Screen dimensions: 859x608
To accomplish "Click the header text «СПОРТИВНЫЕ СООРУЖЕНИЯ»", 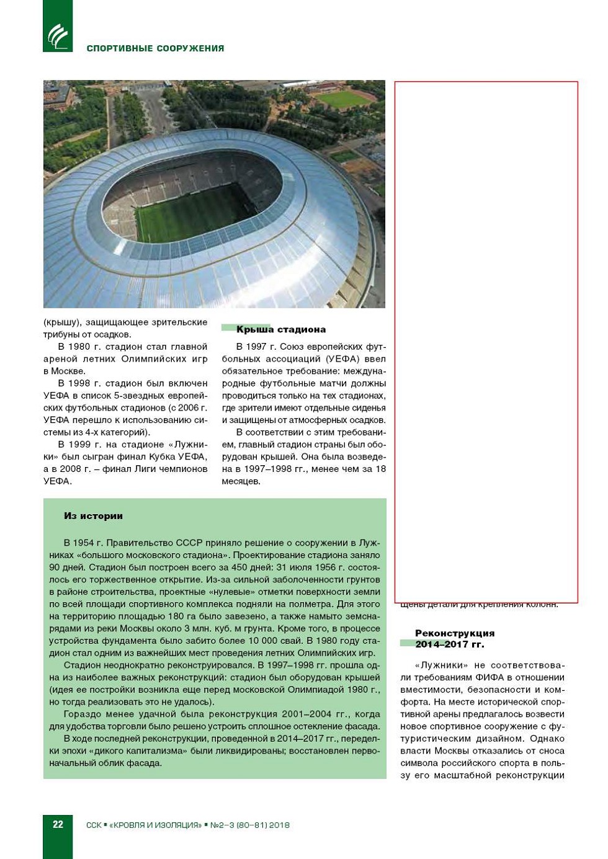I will tap(155, 48).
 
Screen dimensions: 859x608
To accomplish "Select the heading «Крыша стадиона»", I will tap(280, 329).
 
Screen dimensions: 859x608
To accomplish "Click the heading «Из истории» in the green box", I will tap(93, 516).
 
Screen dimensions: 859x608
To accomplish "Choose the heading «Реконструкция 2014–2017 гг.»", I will tap(454, 639).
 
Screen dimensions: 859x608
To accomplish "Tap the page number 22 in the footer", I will tap(58, 824).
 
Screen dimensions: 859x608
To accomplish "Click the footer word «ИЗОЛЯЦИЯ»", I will tap(176, 826).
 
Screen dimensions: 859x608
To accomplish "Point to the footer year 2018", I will tap(279, 826).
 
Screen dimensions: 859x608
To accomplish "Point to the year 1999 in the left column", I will tap(83, 445).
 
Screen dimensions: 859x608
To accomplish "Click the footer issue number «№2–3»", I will tap(221, 826).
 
